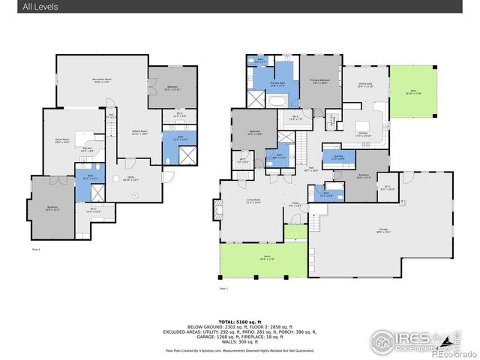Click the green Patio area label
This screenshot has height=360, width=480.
point(413,92)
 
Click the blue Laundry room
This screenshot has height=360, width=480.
point(338,157)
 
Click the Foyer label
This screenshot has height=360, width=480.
point(295,205)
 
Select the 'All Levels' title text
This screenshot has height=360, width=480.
point(40,7)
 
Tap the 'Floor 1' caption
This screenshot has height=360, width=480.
point(36,248)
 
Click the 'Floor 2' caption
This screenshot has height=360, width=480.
point(223,288)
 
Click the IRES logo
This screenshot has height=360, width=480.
point(409,341)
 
